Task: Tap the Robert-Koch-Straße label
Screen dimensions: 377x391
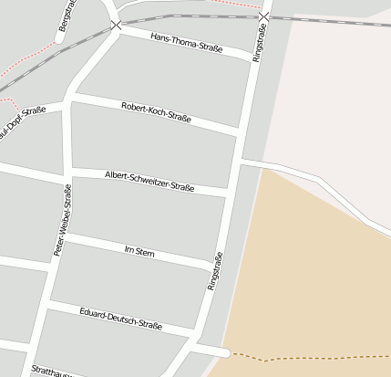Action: coord(156,113)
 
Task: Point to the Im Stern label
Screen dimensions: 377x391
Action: coord(139,251)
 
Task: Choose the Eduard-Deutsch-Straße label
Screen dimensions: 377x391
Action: coord(121,319)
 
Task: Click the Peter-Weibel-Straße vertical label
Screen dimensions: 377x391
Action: coord(62,219)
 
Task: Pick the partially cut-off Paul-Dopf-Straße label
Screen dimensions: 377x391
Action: coord(23,119)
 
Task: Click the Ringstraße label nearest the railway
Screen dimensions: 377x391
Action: coord(259,43)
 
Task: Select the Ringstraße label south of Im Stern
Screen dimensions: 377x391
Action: coord(215,271)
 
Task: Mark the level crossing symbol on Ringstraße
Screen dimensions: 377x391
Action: coord(263,17)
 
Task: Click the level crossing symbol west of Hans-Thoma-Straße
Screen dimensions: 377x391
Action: coord(116,25)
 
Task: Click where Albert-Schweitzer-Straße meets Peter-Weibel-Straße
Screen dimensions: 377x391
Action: coord(67,173)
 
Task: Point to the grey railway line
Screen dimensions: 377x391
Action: coord(182,16)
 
